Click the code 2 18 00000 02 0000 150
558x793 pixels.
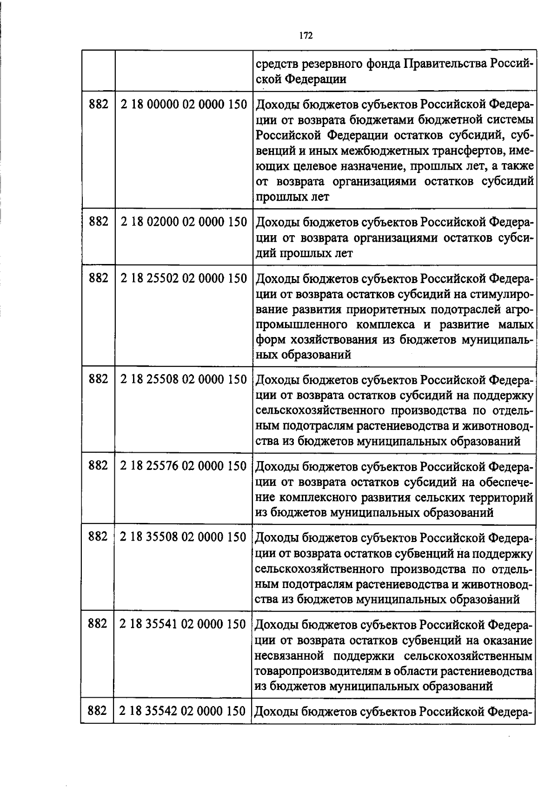coord(183,105)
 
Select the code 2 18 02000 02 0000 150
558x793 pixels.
coord(183,223)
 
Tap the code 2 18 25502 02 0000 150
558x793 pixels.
coord(183,278)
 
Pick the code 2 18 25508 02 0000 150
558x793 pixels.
coord(183,380)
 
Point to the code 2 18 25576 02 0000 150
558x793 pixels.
coord(183,466)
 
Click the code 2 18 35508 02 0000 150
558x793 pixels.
coord(183,537)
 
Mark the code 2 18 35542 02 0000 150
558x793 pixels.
coord(182,711)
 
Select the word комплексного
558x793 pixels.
coord(321,498)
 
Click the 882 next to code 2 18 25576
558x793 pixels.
coord(98,466)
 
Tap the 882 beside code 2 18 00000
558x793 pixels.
coord(98,105)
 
